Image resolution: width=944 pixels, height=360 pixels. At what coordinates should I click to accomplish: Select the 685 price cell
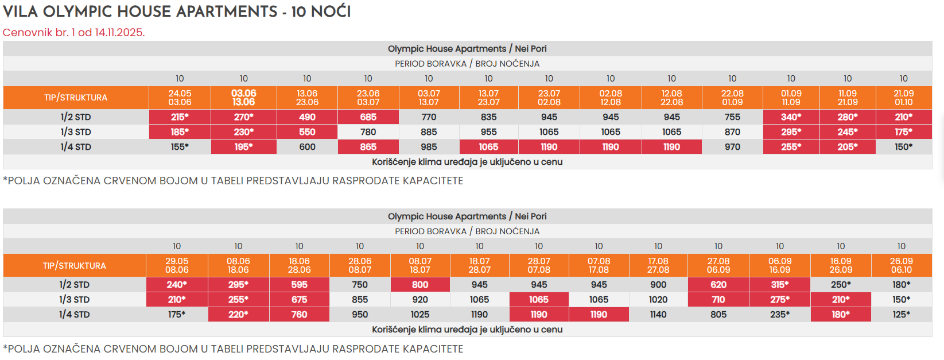368,117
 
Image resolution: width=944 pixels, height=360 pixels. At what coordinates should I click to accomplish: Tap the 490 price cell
307,117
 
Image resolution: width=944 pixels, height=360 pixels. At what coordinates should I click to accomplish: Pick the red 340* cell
790,117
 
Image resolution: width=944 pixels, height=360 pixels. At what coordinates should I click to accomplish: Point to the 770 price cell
429,117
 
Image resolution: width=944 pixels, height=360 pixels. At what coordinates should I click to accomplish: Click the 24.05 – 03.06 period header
180,98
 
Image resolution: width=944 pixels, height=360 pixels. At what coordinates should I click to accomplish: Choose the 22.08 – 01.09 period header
732,98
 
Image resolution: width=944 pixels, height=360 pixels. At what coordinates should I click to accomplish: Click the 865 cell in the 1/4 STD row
368,147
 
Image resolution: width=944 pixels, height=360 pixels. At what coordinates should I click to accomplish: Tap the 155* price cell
180,147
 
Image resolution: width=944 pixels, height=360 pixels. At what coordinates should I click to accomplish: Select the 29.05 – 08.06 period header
177,265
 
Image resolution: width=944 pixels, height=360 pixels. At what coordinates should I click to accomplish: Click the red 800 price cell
420,285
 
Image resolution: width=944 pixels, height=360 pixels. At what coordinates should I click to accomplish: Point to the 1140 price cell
658,315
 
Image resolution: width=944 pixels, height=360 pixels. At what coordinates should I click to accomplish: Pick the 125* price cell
901,315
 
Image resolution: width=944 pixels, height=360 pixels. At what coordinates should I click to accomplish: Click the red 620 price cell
718,285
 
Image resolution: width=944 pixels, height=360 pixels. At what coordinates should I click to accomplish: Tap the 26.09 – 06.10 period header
901,265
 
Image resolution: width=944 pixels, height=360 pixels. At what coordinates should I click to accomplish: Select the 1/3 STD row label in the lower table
75,300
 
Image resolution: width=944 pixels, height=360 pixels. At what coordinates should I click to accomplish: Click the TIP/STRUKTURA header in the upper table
76,98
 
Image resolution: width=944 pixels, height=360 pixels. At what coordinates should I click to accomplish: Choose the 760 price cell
299,315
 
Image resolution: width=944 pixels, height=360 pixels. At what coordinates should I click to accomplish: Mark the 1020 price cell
658,300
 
